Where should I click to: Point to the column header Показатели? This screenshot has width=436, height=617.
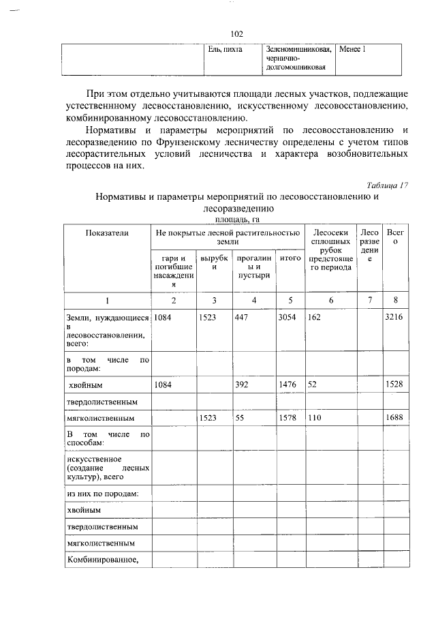(x=106, y=233)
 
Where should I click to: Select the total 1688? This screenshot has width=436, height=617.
(x=394, y=417)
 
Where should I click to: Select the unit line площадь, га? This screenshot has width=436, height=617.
(x=237, y=220)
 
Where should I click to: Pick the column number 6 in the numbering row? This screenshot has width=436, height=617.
(x=331, y=300)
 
